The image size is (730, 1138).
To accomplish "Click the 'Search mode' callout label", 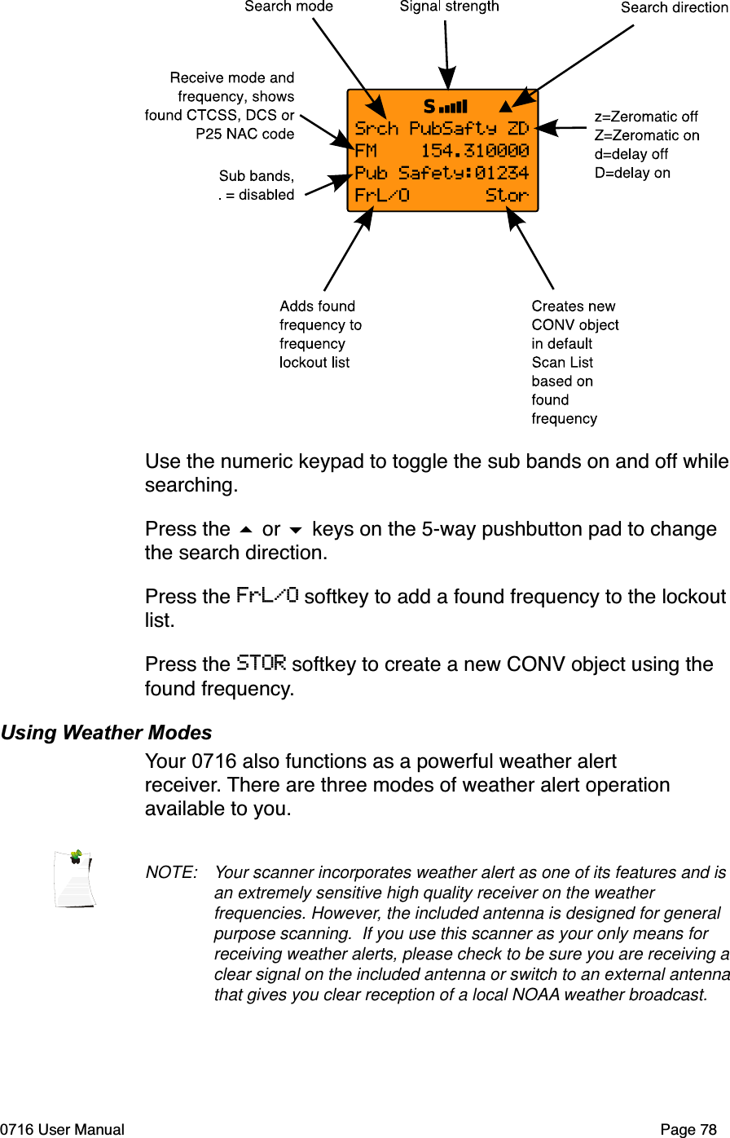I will point(288,7).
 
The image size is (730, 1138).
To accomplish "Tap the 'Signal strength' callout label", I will point(449,7).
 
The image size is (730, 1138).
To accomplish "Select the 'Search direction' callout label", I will point(674,7).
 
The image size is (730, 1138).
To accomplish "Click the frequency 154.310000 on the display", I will point(474,151).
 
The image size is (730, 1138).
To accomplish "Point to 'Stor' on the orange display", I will point(507,196).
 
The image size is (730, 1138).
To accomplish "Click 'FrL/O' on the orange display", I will point(381,196).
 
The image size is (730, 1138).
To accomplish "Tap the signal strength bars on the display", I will point(453,107).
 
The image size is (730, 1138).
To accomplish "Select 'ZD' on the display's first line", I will point(518,129).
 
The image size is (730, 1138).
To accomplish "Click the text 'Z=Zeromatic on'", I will point(647,135).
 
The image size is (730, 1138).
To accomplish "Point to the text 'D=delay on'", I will point(632,173).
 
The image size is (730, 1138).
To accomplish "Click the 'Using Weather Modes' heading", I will point(106,733).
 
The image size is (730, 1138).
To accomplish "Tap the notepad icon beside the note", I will point(75,879).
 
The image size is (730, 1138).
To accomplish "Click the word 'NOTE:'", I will point(171,873).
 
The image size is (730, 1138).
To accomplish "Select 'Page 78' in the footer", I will point(688,1130).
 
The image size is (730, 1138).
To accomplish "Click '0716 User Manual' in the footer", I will point(63,1130).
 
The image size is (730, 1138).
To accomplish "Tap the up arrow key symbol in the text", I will point(246,531).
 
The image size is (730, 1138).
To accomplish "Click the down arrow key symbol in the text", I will point(296,531).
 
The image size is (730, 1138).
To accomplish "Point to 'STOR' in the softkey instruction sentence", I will point(261,663).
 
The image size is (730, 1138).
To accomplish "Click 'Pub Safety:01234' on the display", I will point(442,173).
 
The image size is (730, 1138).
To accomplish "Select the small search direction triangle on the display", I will point(506,106).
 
